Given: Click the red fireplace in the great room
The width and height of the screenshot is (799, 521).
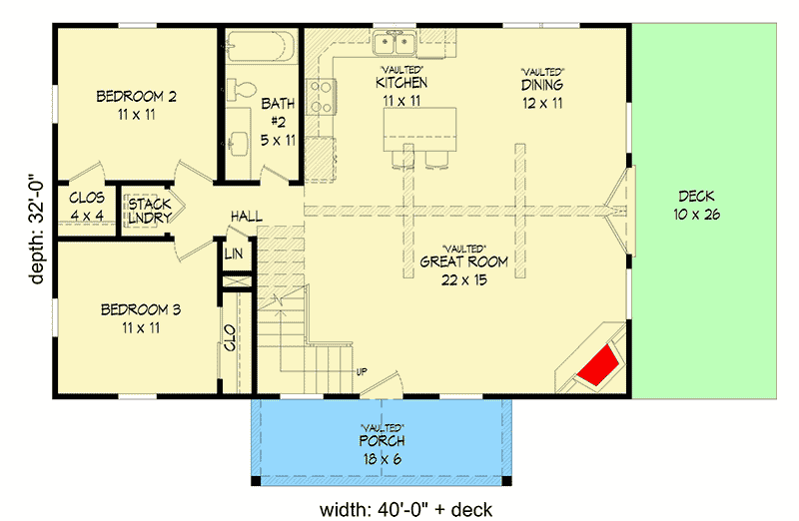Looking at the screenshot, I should [x=599, y=360].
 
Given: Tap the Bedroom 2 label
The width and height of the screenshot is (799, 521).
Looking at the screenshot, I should [x=137, y=105].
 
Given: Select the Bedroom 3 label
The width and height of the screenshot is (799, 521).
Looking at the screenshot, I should [x=141, y=318].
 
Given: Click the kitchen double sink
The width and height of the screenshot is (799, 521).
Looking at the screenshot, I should [x=396, y=43].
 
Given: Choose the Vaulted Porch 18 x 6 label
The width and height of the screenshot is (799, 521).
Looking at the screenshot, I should [x=382, y=451].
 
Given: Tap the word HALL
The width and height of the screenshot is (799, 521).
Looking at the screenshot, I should [x=246, y=216].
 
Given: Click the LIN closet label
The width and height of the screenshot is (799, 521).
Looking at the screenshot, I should [x=235, y=256].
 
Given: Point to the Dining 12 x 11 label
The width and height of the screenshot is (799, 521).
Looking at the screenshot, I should [x=542, y=94].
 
